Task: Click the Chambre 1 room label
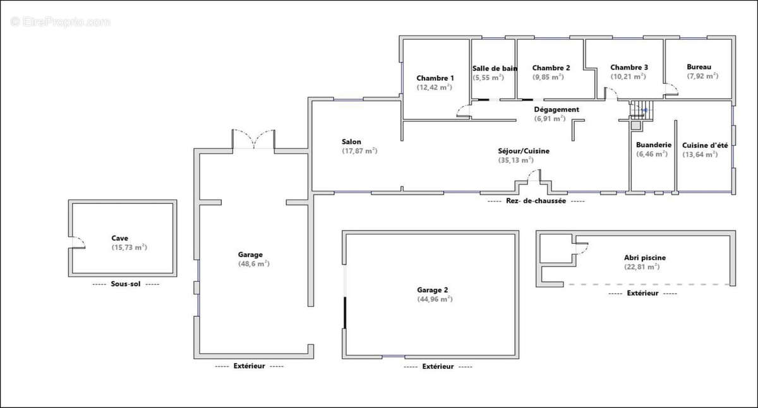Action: pos(435,78)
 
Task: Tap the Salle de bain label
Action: pos(495,69)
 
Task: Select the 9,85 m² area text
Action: pos(548,77)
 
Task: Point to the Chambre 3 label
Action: pos(629,68)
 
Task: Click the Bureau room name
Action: pos(699,67)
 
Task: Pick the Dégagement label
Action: pos(556,110)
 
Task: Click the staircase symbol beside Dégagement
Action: pos(641,110)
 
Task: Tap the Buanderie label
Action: pos(654,145)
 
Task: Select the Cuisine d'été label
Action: pos(705,145)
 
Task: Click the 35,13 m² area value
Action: pos(516,160)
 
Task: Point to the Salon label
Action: pos(351,141)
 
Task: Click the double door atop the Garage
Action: pos(253,139)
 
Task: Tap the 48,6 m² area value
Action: pos(254,263)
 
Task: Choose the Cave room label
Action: pos(120,238)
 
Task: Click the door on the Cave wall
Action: pos(77,243)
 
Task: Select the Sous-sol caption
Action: pos(126,284)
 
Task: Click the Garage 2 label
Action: pos(433,290)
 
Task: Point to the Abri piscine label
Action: pos(645,258)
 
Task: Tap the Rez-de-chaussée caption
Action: pos(536,201)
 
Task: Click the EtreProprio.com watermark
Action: pos(60,22)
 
